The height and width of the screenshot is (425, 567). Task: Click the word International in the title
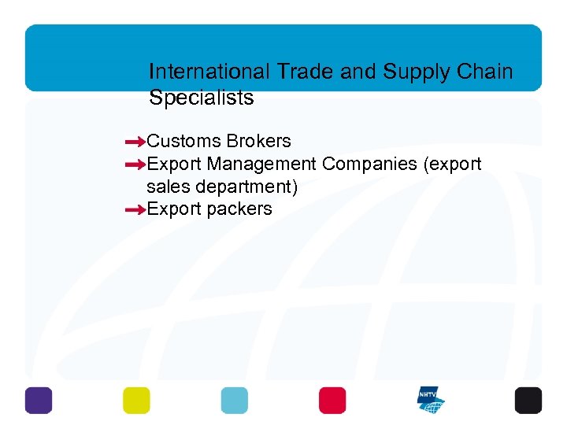pos(209,72)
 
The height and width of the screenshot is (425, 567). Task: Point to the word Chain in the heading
pos(484,72)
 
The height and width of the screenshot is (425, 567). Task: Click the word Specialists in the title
pos(201,98)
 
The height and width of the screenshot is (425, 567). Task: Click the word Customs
pos(184,142)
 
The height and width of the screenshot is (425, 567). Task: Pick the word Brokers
pos(258,142)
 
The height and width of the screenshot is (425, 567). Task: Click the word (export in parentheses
pos(453,164)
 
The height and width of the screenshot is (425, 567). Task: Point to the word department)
pos(248,187)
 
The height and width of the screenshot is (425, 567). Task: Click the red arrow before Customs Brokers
pos(135,142)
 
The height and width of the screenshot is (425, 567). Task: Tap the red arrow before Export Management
pos(135,165)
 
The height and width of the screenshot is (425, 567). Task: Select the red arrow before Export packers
pos(135,210)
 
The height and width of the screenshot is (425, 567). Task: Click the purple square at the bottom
pos(39,401)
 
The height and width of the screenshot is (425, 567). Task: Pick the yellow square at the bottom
pos(136,401)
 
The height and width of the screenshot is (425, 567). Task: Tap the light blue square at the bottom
pos(234,401)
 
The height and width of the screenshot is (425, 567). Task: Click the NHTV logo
pos(431,401)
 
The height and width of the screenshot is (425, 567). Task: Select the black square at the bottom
pos(528,401)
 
